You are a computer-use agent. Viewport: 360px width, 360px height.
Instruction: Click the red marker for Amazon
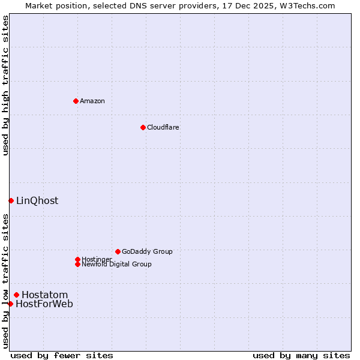pyautogui.click(x=76, y=101)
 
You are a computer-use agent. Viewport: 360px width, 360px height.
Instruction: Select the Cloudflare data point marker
pyautogui.click(x=143, y=127)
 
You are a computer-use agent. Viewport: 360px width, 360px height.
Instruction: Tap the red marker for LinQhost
pyautogui.click(x=11, y=200)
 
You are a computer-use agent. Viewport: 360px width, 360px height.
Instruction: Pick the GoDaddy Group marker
pyautogui.click(x=118, y=251)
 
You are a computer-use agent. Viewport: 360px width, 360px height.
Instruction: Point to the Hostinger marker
pyautogui.click(x=77, y=259)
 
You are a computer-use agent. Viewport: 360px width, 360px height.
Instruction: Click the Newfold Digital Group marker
pyautogui.click(x=77, y=264)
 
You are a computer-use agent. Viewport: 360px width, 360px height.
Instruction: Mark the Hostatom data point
pyautogui.click(x=16, y=295)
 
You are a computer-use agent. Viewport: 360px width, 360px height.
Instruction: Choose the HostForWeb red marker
pyautogui.click(x=10, y=304)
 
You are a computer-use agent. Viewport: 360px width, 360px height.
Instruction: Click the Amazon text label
pyautogui.click(x=92, y=101)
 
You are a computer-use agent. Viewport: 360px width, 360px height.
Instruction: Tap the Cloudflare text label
pyautogui.click(x=163, y=127)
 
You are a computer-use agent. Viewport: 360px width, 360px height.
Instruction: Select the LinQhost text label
pyautogui.click(x=37, y=200)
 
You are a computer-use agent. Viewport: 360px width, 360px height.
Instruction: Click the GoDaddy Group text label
pyautogui.click(x=147, y=251)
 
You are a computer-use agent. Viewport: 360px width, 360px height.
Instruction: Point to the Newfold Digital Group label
pyautogui.click(x=116, y=264)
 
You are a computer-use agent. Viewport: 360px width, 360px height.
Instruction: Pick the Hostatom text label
pyautogui.click(x=45, y=295)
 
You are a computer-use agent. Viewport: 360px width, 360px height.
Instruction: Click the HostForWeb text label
pyautogui.click(x=44, y=304)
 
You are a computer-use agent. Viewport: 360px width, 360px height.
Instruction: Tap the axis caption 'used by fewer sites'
pyautogui.click(x=62, y=355)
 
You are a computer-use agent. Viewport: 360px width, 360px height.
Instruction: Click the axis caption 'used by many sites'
pyautogui.click(x=301, y=355)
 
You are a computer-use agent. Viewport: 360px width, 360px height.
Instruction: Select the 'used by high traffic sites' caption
pyautogui.click(x=5, y=85)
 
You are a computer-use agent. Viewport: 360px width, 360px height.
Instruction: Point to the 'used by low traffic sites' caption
pyautogui.click(x=5, y=281)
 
